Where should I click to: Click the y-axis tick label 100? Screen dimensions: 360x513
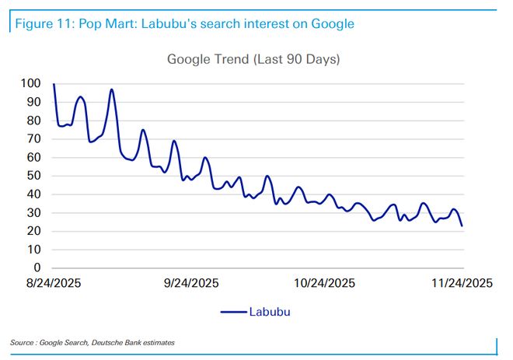[32, 83]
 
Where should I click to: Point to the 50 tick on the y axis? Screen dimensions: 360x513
[35, 176]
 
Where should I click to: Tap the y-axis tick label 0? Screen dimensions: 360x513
[38, 268]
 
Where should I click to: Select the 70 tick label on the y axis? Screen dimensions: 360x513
[35, 138]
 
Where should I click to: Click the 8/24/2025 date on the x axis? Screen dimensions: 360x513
[54, 283]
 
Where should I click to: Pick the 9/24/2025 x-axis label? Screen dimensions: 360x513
[191, 283]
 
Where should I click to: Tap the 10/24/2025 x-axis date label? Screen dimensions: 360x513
[326, 283]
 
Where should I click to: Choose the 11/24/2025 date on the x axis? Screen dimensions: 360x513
[462, 283]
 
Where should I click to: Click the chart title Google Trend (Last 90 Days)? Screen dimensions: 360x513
[254, 59]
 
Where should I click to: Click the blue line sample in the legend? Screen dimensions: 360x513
[232, 312]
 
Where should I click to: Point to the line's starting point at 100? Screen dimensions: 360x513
[54, 84]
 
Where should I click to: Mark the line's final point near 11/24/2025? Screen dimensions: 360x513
[462, 225]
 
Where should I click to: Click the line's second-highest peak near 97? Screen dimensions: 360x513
[112, 89]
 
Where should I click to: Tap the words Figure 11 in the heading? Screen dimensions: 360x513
[38, 23]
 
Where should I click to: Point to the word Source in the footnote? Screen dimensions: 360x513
[23, 342]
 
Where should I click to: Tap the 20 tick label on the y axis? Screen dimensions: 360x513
[35, 231]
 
